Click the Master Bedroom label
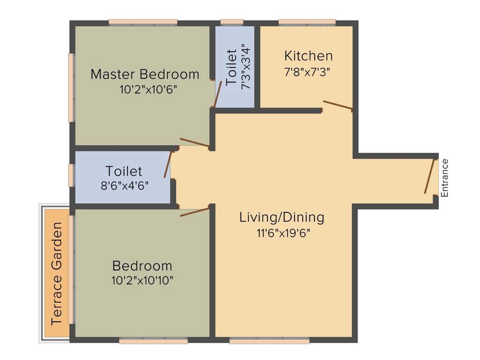point(145,74)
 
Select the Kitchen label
point(308,56)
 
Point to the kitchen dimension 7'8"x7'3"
point(308,72)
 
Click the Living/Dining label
point(282,217)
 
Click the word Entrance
point(445,178)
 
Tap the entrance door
point(429,176)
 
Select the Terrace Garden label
point(57,274)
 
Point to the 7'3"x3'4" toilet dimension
point(246,67)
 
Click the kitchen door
point(337,105)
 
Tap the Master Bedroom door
point(195,142)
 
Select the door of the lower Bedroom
point(195,212)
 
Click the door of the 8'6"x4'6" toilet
point(167,165)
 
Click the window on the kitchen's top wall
point(307,22)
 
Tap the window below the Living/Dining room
point(269,341)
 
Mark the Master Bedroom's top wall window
point(143,22)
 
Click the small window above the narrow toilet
point(232,22)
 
